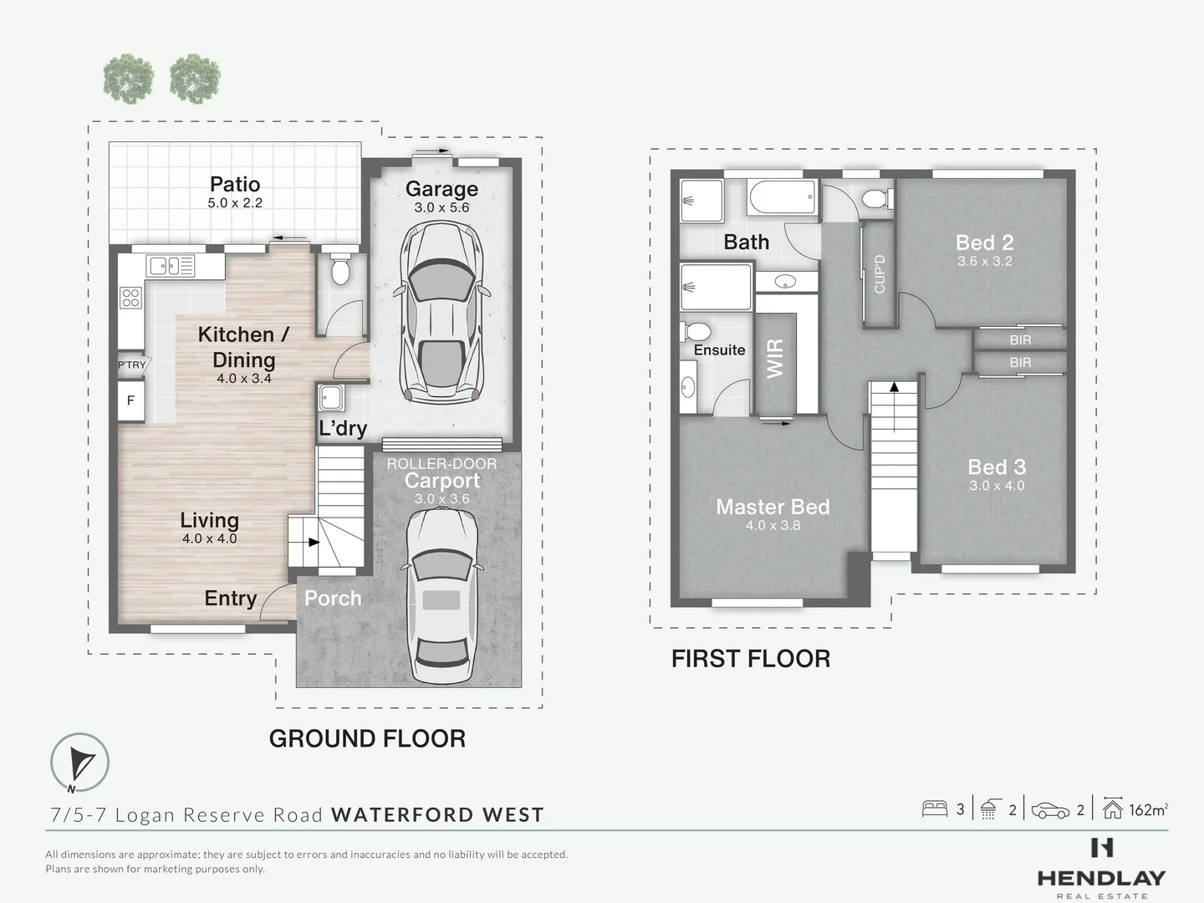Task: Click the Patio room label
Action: [235, 184]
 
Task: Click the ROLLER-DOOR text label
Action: [441, 463]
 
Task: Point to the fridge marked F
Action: [130, 400]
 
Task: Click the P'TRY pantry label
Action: [131, 365]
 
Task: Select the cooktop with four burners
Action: [130, 297]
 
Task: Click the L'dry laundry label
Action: [343, 428]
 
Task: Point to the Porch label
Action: [333, 598]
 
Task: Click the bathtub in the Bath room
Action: [782, 200]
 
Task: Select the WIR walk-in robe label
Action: [776, 358]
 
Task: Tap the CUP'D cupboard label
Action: [879, 273]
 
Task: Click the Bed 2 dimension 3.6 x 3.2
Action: [984, 261]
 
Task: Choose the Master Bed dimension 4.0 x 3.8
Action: [773, 525]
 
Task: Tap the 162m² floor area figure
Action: [1147, 809]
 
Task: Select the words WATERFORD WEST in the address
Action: [437, 814]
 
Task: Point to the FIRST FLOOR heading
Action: [751, 659]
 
